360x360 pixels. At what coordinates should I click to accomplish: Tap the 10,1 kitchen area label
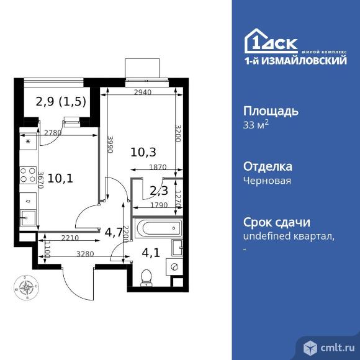click(x=61, y=179)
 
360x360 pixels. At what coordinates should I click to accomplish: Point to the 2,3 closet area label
click(x=153, y=191)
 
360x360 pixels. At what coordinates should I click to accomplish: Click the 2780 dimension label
click(x=53, y=132)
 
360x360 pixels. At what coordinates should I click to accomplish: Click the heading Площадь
click(x=270, y=111)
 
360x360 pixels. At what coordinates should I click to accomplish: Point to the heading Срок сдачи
click(x=275, y=222)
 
